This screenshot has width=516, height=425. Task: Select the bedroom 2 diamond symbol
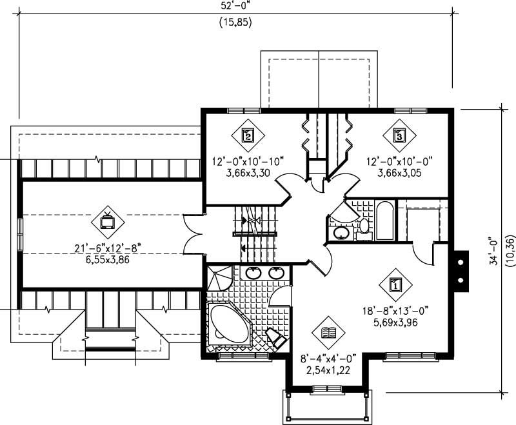click(247, 135)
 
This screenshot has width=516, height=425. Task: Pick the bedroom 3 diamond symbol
click(399, 135)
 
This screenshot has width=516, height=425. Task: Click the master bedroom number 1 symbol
click(396, 283)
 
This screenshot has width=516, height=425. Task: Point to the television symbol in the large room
click(107, 221)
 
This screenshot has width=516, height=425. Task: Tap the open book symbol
click(328, 333)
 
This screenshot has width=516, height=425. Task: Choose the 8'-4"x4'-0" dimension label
click(328, 359)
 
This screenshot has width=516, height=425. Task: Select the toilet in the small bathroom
click(364, 226)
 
